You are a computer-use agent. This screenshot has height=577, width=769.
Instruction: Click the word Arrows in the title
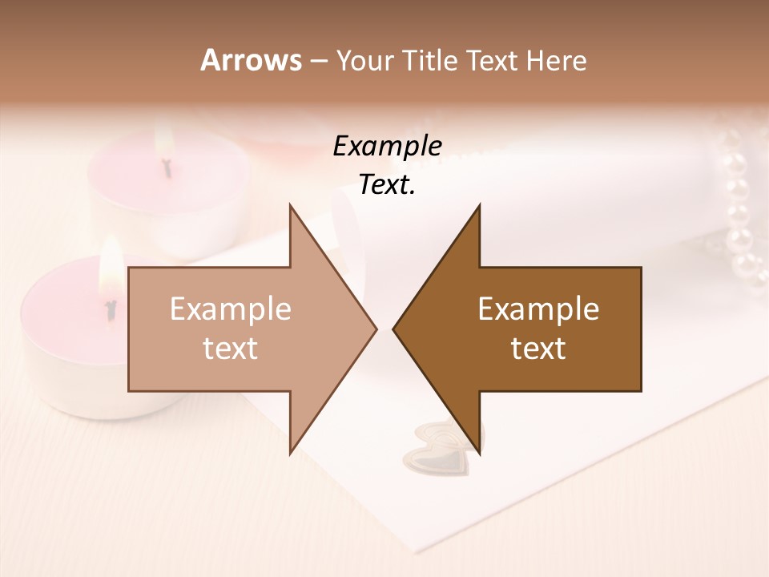pyautogui.click(x=251, y=60)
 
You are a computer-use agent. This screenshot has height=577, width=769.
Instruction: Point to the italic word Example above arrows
pyautogui.click(x=387, y=147)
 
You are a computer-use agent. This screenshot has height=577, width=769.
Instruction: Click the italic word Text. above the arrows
pyautogui.click(x=387, y=185)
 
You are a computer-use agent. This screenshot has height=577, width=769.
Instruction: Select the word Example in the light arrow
pyautogui.click(x=231, y=309)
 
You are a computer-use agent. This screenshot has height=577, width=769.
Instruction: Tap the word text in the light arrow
pyautogui.click(x=231, y=349)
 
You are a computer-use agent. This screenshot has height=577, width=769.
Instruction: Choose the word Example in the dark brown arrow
pyautogui.click(x=538, y=309)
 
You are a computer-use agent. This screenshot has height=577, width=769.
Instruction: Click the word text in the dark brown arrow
pyautogui.click(x=538, y=349)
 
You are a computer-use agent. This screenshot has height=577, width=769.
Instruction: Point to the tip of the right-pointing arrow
pyautogui.click(x=376, y=329)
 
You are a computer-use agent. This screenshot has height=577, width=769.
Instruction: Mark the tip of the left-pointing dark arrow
pyautogui.click(x=393, y=329)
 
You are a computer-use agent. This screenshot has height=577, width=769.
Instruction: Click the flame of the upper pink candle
pyautogui.click(x=165, y=143)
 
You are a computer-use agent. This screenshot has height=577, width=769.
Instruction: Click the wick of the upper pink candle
pyautogui.click(x=167, y=167)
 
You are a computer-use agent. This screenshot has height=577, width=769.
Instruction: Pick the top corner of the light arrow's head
pyautogui.click(x=290, y=205)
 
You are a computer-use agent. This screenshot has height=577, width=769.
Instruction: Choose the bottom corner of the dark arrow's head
pyautogui.click(x=479, y=454)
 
